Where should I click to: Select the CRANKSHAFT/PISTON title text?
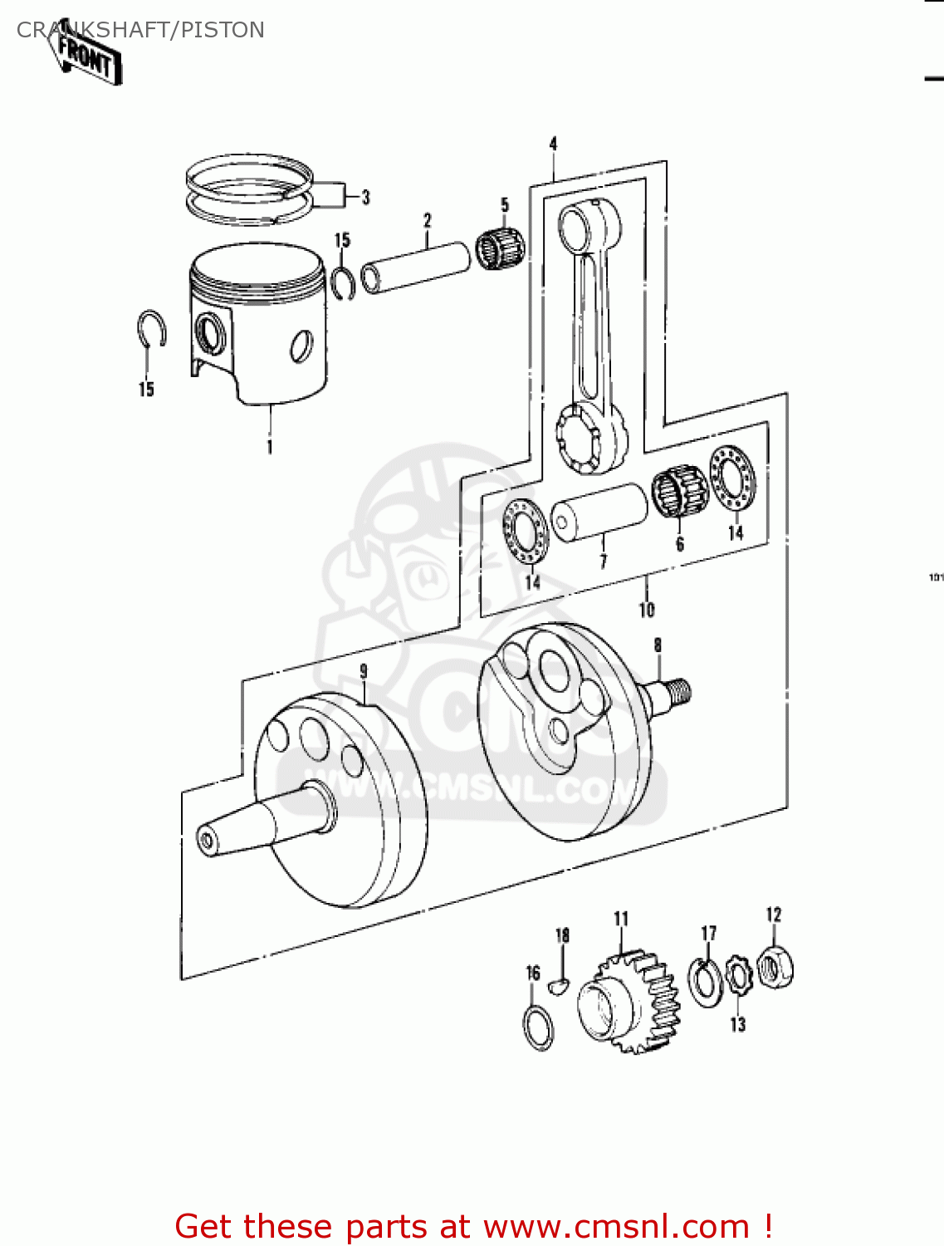click(x=140, y=30)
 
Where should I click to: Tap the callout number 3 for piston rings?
click(x=365, y=198)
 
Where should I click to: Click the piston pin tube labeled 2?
click(x=415, y=266)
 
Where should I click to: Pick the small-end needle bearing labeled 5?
click(x=501, y=245)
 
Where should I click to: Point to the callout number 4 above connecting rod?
click(x=554, y=144)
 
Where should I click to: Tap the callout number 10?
click(x=646, y=611)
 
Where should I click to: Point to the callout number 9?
click(x=363, y=671)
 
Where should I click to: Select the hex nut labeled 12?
click(x=775, y=967)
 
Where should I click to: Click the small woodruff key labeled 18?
click(x=559, y=985)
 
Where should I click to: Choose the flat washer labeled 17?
click(x=707, y=981)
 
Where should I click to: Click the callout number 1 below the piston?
click(x=269, y=447)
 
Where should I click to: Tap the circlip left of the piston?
click(x=151, y=330)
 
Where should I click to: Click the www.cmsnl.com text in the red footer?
click(x=615, y=1227)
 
